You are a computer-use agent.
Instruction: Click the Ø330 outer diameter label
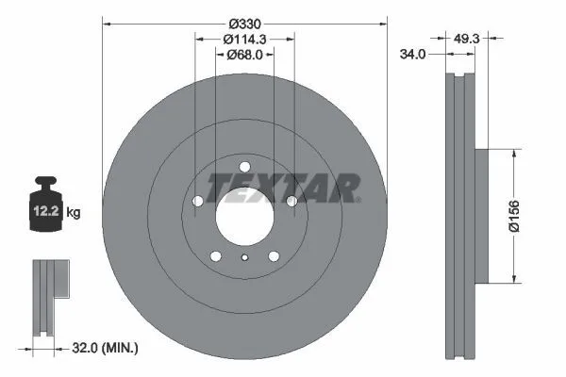point(244,25)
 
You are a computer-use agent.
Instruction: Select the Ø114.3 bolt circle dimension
point(244,39)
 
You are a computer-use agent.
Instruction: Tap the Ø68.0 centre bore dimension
point(244,55)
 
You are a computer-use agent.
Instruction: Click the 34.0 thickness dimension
point(412,55)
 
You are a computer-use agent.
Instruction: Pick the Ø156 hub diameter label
point(514,216)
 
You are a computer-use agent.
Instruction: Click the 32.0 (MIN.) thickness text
point(105,348)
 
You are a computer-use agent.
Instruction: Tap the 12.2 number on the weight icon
point(46,211)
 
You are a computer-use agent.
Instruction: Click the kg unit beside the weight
point(74,212)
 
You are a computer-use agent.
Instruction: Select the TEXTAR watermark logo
point(283,188)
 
